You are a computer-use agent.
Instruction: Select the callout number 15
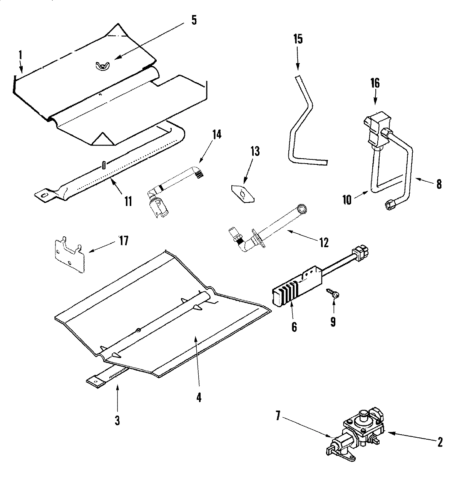coord(298,39)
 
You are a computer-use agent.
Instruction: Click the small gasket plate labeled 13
coord(243,194)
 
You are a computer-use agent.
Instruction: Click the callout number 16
coord(375,83)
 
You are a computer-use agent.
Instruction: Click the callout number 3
coord(117,420)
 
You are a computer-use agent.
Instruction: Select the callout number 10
coord(347,201)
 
